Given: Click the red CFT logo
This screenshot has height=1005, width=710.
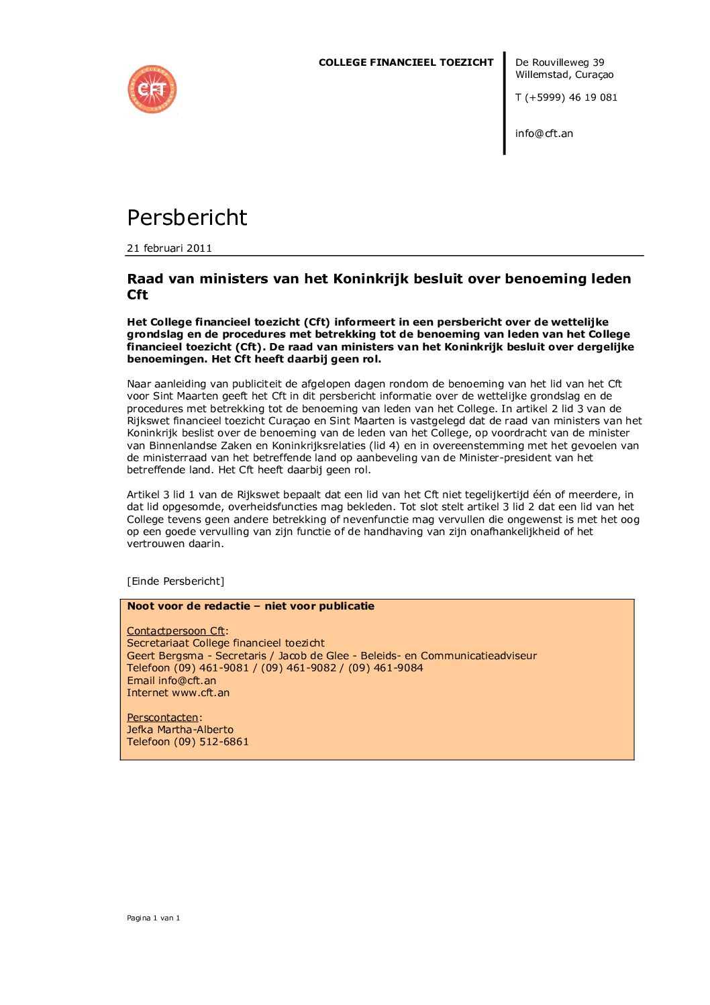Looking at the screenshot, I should pos(152,89).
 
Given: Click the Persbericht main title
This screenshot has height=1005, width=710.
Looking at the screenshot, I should pos(187,218).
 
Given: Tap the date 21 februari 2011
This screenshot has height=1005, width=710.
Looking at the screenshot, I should pos(169,248).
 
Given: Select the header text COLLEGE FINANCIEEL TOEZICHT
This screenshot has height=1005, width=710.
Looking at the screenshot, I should pos(406,62).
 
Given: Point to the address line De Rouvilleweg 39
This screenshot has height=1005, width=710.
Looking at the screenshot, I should pos(560,62).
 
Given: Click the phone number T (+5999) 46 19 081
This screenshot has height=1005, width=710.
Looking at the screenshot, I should pos(566,97).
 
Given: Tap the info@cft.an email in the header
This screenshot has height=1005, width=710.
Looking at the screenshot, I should pos(544,134).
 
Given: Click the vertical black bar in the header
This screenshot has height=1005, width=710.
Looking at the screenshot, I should pos(504,103).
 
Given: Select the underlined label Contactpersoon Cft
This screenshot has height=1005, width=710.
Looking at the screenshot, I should pos(176,631).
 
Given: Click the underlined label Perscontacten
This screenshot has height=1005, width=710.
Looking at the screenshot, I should pos(162,718).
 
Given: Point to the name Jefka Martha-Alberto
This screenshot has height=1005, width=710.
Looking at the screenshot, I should pos(180,730).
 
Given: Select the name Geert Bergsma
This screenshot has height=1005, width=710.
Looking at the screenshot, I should pos(165,656).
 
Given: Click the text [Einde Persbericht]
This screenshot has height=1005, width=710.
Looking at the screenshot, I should pos(176,581).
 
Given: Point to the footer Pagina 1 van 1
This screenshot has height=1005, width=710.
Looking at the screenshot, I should pos(154,918).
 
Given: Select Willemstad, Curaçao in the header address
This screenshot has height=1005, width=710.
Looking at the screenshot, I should pos(564,75).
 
